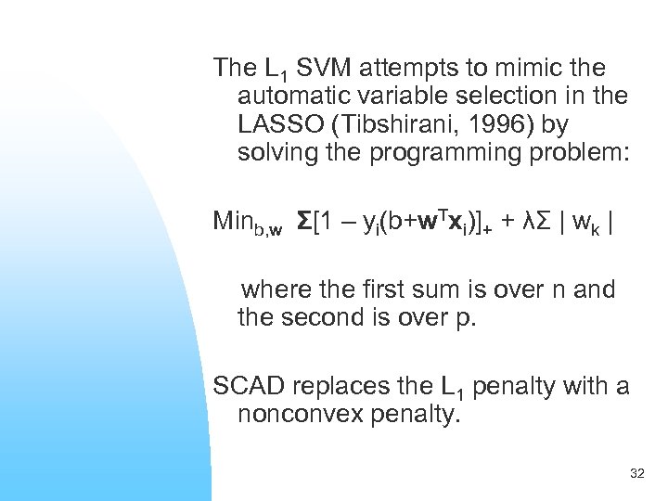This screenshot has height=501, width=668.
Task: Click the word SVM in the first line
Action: coord(324,68)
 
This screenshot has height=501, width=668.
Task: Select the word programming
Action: coord(440,151)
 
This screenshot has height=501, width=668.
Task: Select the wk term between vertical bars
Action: coord(584,223)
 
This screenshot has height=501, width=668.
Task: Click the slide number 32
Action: coord(636,474)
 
